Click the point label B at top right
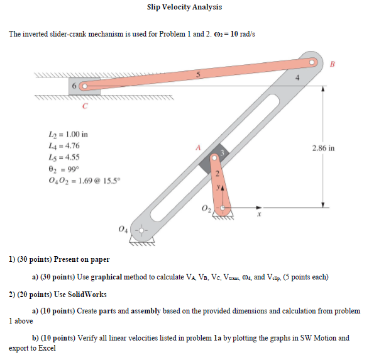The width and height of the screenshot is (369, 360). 333,64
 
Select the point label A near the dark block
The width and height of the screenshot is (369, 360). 197,147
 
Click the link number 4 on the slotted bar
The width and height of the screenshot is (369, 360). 299,78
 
